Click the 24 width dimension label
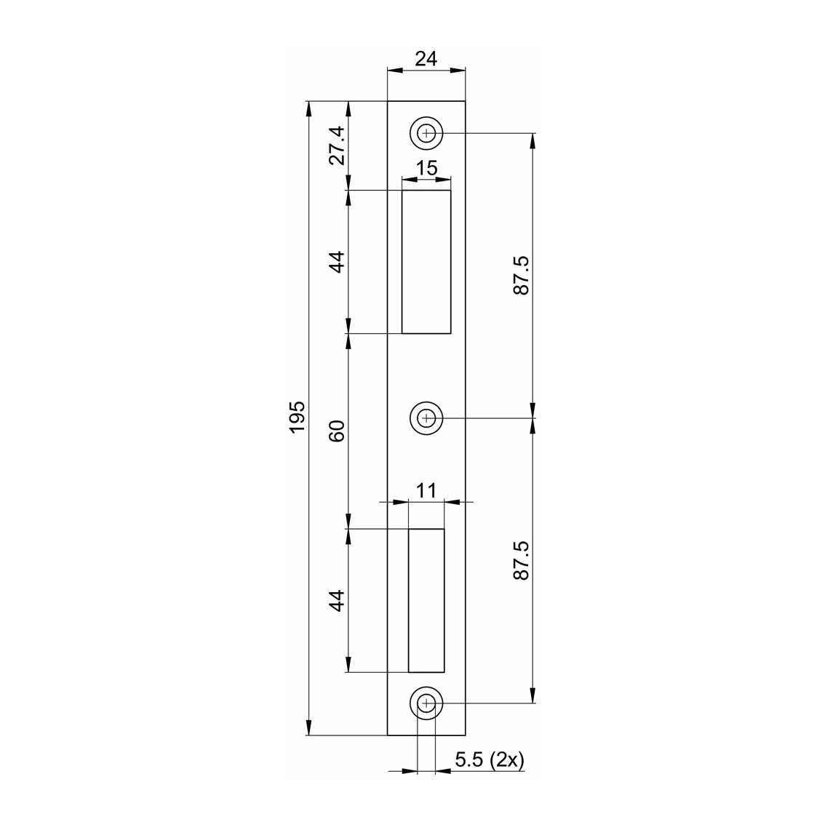pyautogui.click(x=426, y=59)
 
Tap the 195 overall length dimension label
pyautogui.click(x=298, y=417)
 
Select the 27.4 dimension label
pyautogui.click(x=338, y=145)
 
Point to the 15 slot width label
pyautogui.click(x=426, y=168)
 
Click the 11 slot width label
pyautogui.click(x=426, y=491)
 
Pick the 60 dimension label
pyautogui.click(x=338, y=431)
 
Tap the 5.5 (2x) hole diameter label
pyautogui.click(x=490, y=759)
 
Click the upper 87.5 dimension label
pyautogui.click(x=522, y=276)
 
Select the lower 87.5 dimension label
pyautogui.click(x=522, y=560)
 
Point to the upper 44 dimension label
pyautogui.click(x=338, y=262)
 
